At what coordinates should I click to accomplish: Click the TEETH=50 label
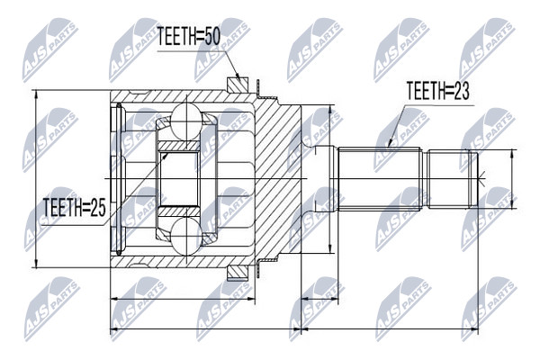[x=189, y=37]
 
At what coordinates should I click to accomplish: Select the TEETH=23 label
[x=437, y=91]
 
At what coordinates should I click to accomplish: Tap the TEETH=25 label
[x=74, y=208]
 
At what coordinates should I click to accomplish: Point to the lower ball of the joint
[x=186, y=237]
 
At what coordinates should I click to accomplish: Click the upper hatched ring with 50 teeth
[x=238, y=85]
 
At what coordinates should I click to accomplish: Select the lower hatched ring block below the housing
[x=238, y=273]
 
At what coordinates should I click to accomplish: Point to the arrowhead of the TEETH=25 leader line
[x=165, y=157]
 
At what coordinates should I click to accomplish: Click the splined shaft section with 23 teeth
[x=380, y=178]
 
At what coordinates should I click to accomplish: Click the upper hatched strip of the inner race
[x=178, y=146]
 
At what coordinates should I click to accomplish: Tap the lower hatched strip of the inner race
[x=178, y=211]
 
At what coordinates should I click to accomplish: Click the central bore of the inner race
[x=178, y=178]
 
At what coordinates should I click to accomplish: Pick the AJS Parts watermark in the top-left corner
[x=49, y=50]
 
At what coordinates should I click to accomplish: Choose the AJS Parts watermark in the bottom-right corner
[x=489, y=309]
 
